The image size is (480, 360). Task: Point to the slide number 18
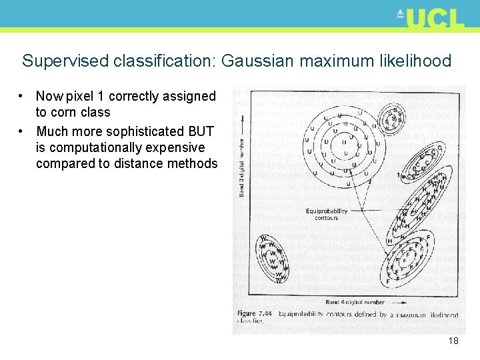pyautogui.click(x=453, y=341)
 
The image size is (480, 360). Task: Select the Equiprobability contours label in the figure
pyautogui.click(x=327, y=214)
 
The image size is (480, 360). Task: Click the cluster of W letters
pyautogui.click(x=272, y=258)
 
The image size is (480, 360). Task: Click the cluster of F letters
pyautogui.click(x=409, y=257)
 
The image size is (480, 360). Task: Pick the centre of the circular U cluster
pyautogui.click(x=343, y=141)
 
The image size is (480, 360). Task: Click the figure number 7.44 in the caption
pyautogui.click(x=265, y=314)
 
